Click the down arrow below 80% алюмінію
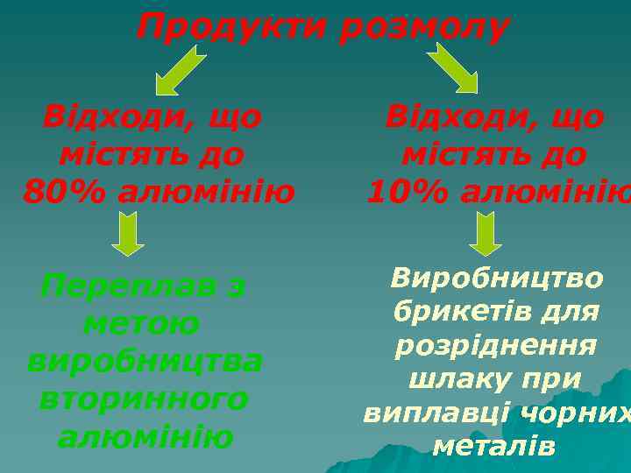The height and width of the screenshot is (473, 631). tap(129, 234)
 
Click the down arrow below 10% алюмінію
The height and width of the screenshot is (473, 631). tap(486, 234)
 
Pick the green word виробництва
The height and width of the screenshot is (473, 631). tap(145, 361)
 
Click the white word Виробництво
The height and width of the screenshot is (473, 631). tap(497, 279)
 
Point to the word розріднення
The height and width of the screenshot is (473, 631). tap(496, 345)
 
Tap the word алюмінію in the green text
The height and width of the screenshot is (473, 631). tap(145, 436)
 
